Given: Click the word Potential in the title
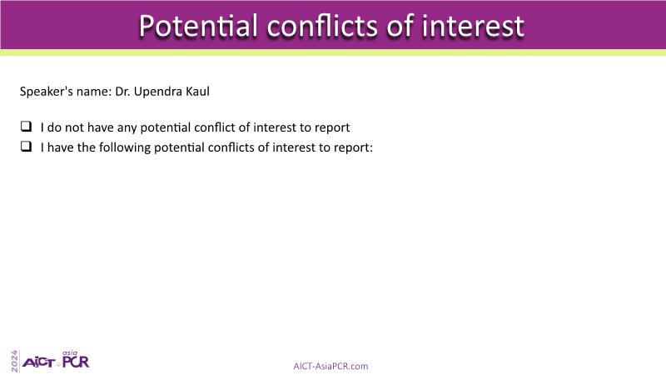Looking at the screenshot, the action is click(198, 26).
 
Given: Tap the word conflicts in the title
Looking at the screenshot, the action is click(322, 26).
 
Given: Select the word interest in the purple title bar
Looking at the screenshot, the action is click(473, 26).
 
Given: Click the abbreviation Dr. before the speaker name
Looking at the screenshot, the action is click(122, 92).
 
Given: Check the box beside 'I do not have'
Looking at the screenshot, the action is click(27, 127).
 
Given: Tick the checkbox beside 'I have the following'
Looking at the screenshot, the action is click(27, 147).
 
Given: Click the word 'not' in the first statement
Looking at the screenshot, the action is click(74, 127).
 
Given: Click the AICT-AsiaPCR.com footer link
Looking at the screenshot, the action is click(331, 366).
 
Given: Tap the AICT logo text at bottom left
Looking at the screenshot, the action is click(38, 362).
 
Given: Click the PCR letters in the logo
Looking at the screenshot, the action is click(76, 362).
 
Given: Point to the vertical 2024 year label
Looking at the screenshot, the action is click(15, 362).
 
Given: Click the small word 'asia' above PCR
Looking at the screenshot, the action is click(70, 352).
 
